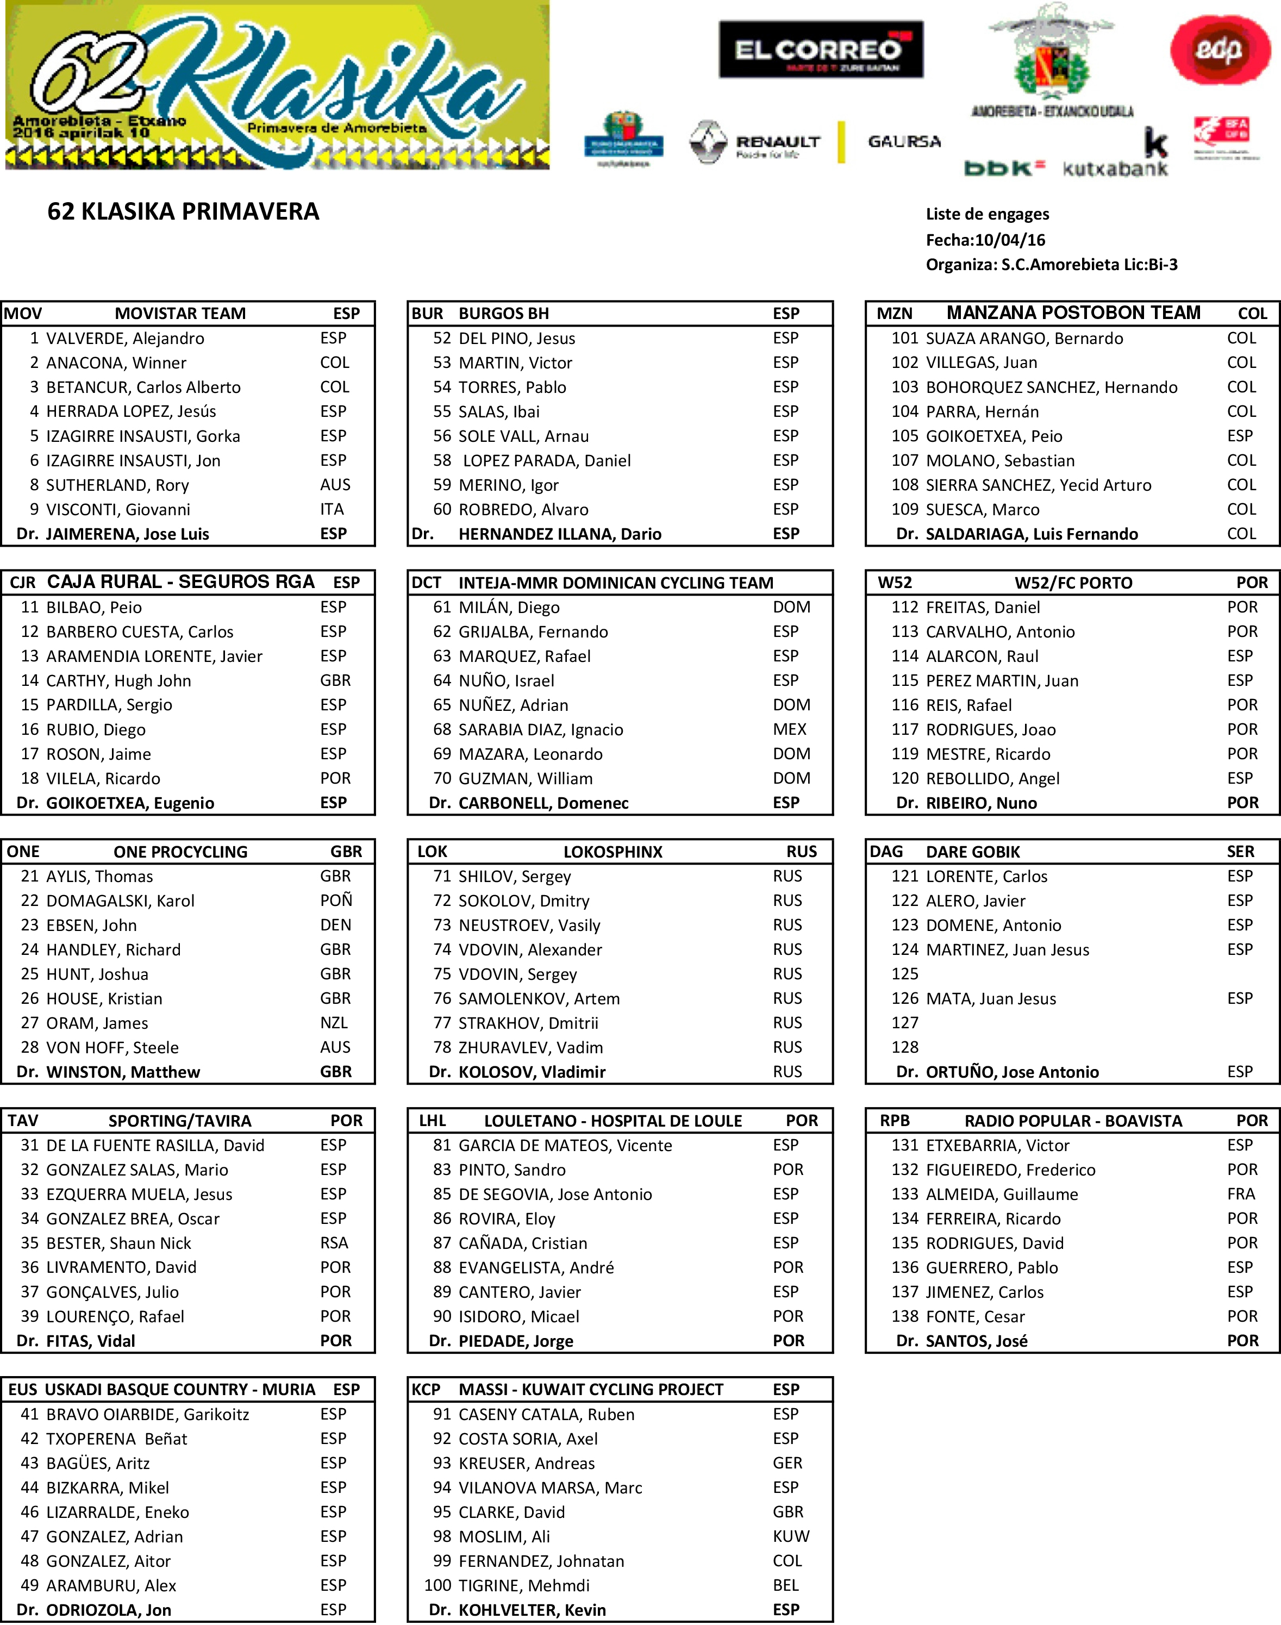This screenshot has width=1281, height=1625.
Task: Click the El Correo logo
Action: (x=821, y=49)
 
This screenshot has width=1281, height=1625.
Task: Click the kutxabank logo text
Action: (x=1115, y=168)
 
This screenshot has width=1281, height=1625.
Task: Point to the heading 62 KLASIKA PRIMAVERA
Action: (x=183, y=211)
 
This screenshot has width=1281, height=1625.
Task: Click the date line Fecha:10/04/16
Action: (x=985, y=240)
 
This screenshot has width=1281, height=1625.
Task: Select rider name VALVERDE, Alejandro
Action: (x=125, y=338)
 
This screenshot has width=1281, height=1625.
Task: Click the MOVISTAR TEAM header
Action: (x=180, y=314)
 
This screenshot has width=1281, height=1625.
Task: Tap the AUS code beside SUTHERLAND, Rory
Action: (x=335, y=485)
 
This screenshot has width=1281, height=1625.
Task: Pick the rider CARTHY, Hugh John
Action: (x=118, y=681)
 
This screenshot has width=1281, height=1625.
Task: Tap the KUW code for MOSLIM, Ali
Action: (x=790, y=1536)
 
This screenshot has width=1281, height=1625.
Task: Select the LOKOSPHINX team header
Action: (x=613, y=852)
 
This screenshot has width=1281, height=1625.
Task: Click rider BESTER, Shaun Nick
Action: (x=118, y=1243)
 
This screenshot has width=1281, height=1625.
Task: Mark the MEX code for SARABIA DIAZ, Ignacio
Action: (x=790, y=730)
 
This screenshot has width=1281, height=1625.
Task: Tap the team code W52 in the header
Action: (x=894, y=583)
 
